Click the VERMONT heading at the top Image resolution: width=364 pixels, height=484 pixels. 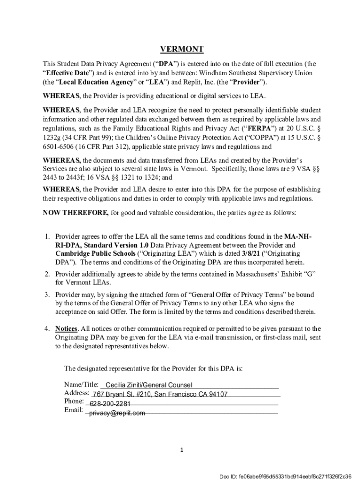pos(182,49)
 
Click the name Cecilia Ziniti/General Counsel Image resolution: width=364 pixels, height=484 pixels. pos(149,385)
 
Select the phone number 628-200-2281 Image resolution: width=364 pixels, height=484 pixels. pos(110,404)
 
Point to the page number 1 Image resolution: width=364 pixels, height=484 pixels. pos(182,450)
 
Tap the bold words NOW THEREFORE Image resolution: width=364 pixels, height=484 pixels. pos(76,213)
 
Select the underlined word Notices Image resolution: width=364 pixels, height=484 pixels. pos(66,328)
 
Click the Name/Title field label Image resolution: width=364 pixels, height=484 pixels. pos(81,384)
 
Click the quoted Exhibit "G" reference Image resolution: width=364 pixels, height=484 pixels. pos(294,274)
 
